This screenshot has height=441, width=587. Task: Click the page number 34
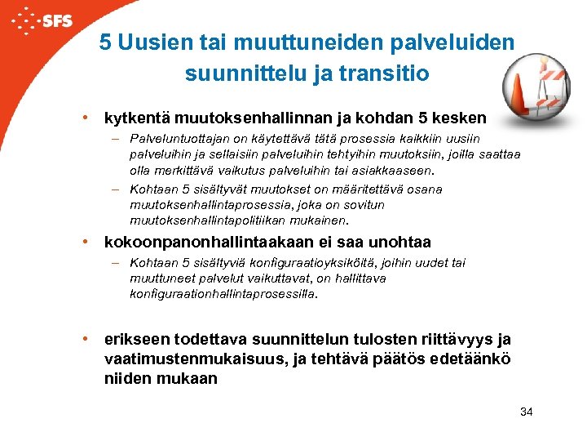coord(526,412)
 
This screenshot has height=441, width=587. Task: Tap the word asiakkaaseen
coord(391,171)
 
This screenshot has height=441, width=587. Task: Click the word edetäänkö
coord(476,359)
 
